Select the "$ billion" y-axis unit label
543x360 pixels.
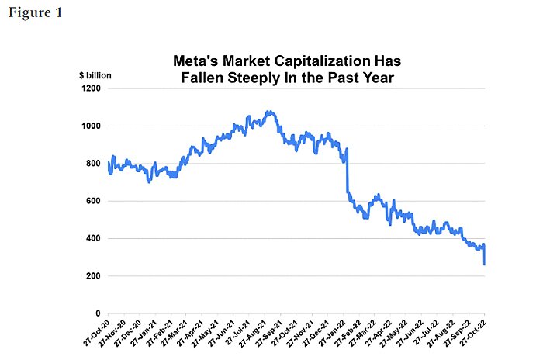[x=95, y=75]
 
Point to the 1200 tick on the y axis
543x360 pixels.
[x=91, y=88]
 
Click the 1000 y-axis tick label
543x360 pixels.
[x=91, y=126]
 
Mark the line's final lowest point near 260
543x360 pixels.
[x=485, y=264]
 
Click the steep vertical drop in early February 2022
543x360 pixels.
[x=347, y=171]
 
